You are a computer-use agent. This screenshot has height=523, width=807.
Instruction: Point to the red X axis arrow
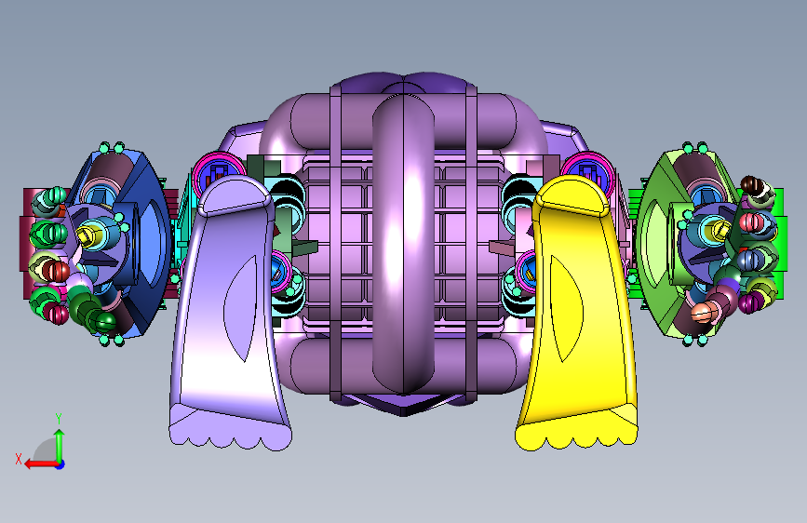(41, 463)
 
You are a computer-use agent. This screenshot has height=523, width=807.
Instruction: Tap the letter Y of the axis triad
(59, 419)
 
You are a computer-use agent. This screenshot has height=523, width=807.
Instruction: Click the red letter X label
(19, 459)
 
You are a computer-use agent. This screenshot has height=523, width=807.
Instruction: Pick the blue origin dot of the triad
(61, 464)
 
